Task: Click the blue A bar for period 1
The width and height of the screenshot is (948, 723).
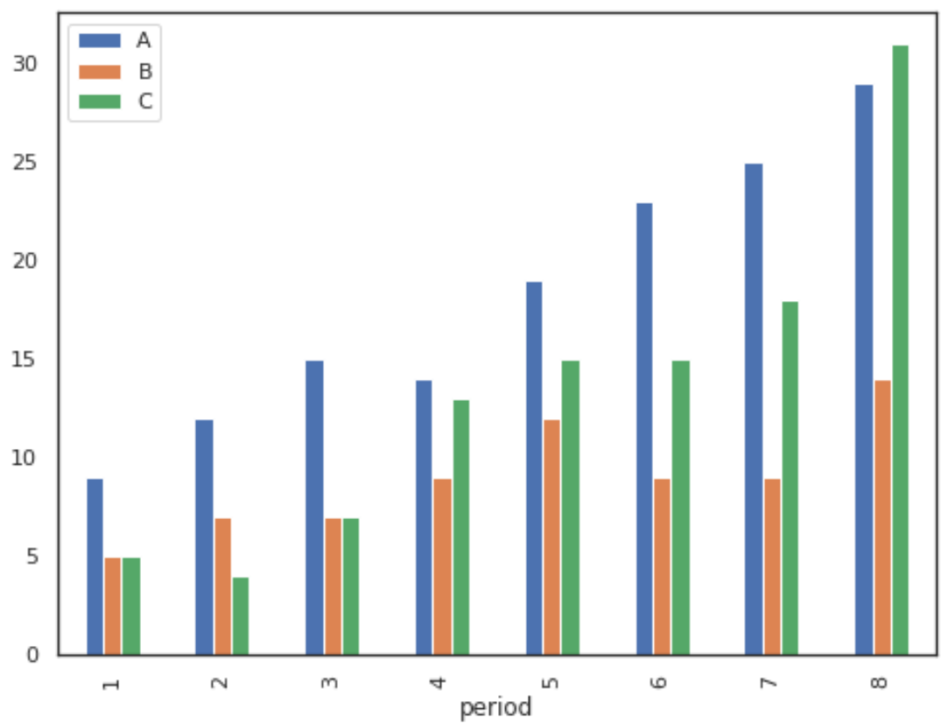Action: [95, 566]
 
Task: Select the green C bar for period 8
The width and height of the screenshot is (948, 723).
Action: [900, 350]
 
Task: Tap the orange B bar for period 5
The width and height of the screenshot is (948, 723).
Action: [551, 537]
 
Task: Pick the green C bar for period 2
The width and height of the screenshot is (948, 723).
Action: [241, 615]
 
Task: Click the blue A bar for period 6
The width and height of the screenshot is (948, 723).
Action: [644, 429]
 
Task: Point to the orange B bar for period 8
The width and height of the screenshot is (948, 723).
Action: [881, 517]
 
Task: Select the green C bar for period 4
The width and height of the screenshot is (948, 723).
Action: [460, 527]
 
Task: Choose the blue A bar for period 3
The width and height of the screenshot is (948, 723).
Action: [314, 508]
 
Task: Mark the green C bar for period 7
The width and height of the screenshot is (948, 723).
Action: [790, 478]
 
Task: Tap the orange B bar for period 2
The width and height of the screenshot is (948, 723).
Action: [222, 586]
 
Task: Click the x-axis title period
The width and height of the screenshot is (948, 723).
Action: [495, 706]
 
